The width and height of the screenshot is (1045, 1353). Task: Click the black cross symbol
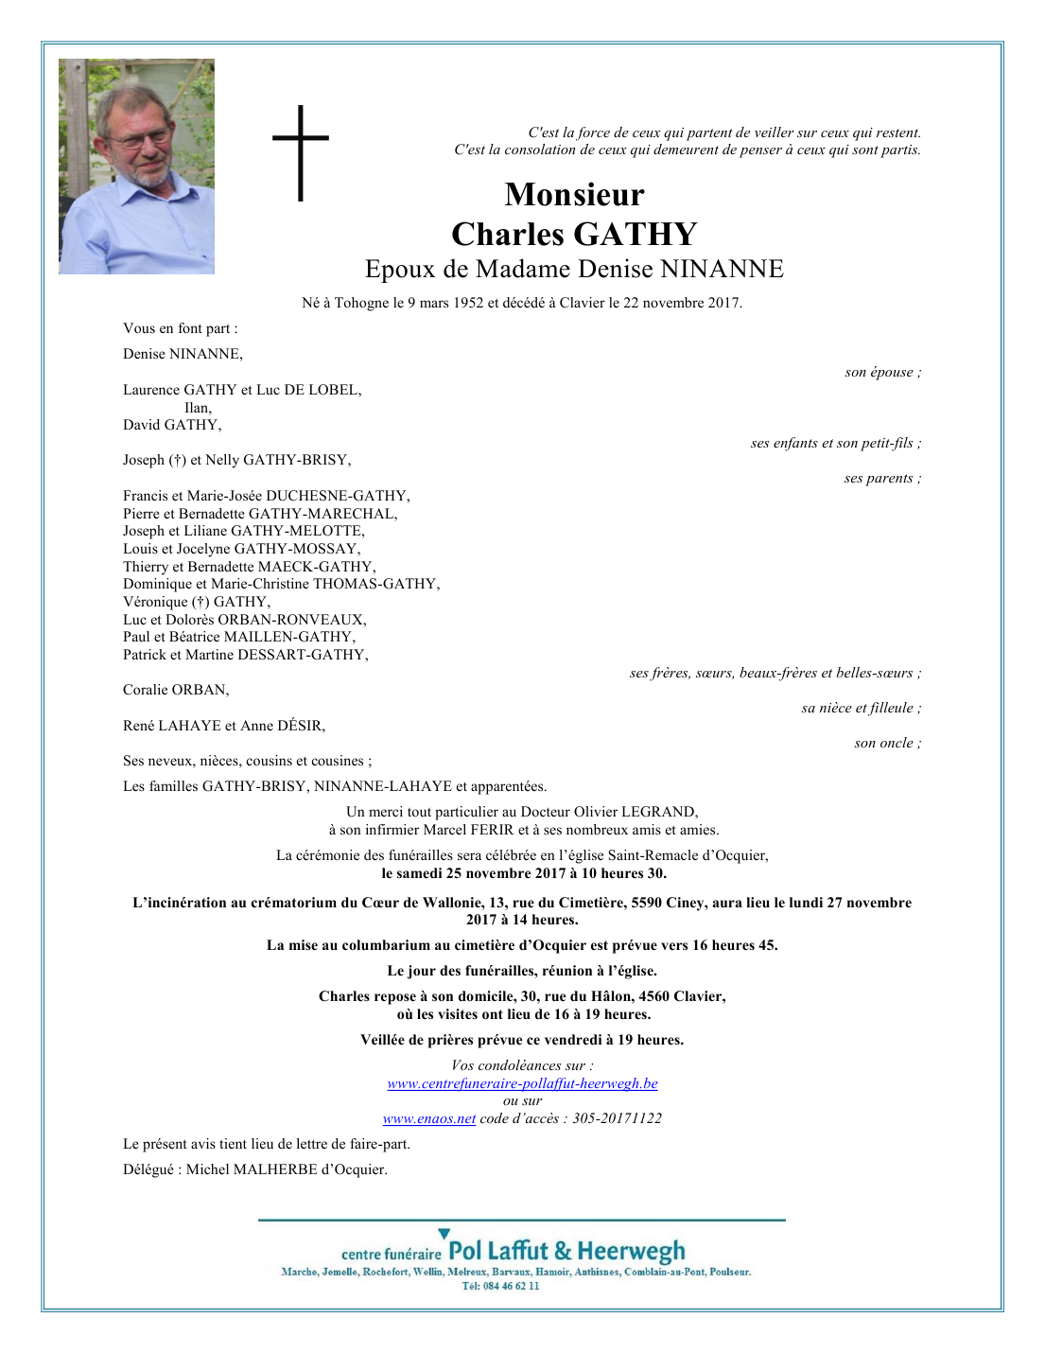point(301,152)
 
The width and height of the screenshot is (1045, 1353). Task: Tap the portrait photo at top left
point(136,167)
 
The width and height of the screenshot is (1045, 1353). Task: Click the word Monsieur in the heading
point(574,195)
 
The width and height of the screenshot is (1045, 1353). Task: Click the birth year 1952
point(467,304)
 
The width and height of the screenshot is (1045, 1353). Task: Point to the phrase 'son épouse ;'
point(882,373)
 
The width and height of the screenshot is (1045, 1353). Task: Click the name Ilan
point(197,408)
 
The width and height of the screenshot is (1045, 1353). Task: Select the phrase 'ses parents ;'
point(882,479)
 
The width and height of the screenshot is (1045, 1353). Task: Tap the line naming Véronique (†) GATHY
point(197,602)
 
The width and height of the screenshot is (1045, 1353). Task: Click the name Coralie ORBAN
point(175,690)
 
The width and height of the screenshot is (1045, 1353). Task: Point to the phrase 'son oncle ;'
point(887,744)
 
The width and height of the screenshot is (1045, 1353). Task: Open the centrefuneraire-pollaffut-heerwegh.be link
point(522,1084)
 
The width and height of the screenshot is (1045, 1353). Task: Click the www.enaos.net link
point(428,1119)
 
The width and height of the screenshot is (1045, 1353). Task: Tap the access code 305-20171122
point(617,1119)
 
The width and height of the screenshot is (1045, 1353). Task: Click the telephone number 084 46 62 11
point(514,1287)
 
